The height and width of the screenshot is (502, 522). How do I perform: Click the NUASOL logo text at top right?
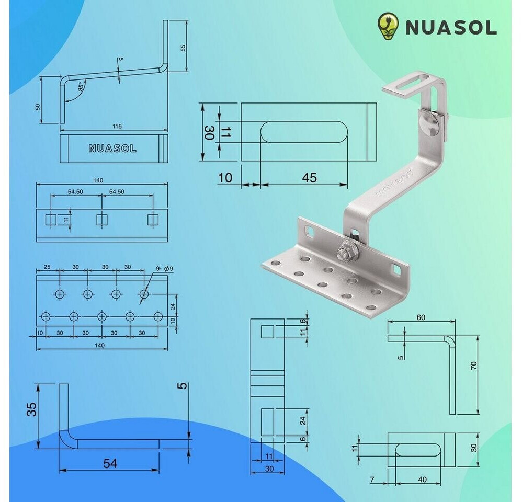[x=451, y=28]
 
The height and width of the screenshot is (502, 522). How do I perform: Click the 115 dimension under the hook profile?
[x=117, y=127]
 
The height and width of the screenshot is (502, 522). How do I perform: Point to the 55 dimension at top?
[x=183, y=48]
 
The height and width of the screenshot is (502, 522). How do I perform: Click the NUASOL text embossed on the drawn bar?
[x=112, y=149]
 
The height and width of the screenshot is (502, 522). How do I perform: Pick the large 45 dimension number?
[x=309, y=178]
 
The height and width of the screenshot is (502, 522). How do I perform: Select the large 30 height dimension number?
[x=209, y=133]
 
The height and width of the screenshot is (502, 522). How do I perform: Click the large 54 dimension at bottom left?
[x=110, y=463]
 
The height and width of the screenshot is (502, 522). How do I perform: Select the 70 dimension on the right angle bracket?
[x=474, y=366]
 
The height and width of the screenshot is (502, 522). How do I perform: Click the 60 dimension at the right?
[x=422, y=317]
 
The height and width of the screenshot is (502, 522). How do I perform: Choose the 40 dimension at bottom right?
[x=423, y=479]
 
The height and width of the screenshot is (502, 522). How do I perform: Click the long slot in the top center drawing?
[x=304, y=132]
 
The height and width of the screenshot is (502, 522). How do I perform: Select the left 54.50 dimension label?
[x=75, y=192]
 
